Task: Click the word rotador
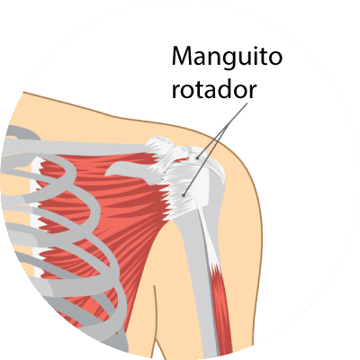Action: [214, 89]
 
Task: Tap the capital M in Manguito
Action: [183, 56]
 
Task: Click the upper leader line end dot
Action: [197, 157]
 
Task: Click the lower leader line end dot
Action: [183, 195]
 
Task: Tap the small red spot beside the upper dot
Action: [191, 157]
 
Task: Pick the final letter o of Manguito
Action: [275, 58]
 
